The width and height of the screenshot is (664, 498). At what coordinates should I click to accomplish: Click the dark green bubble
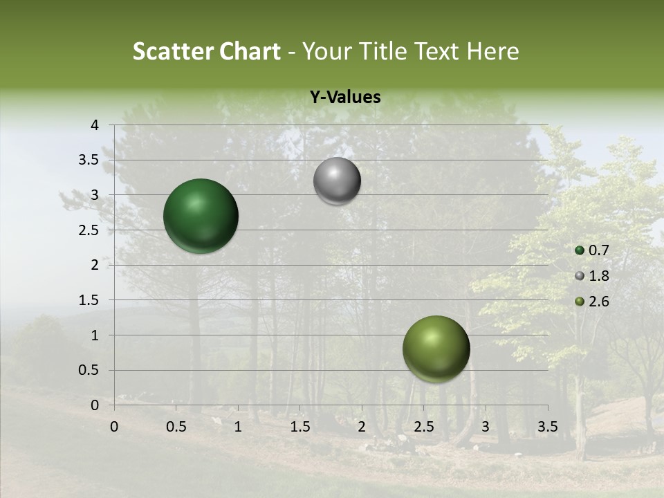coord(201,216)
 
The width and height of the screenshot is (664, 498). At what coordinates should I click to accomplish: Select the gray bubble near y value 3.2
coord(337,181)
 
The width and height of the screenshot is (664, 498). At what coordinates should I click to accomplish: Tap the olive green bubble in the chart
coord(436,349)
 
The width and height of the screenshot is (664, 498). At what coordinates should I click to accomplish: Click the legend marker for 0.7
coord(580,251)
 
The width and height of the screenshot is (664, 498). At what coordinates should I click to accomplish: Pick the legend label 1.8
coord(598,276)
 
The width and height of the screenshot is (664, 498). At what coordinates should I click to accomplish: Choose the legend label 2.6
coord(598,302)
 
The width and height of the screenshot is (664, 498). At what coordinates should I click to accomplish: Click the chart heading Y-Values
coord(345,98)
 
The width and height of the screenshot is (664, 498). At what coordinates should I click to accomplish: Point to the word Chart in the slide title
coord(250,51)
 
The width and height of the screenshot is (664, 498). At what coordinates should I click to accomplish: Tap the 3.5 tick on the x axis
coord(547,427)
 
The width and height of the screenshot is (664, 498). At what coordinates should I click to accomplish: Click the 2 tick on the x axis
coord(362,427)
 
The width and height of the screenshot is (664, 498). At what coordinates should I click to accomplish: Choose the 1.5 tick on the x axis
coord(299,427)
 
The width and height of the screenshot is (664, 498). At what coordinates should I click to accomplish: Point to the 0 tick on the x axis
coord(114,427)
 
